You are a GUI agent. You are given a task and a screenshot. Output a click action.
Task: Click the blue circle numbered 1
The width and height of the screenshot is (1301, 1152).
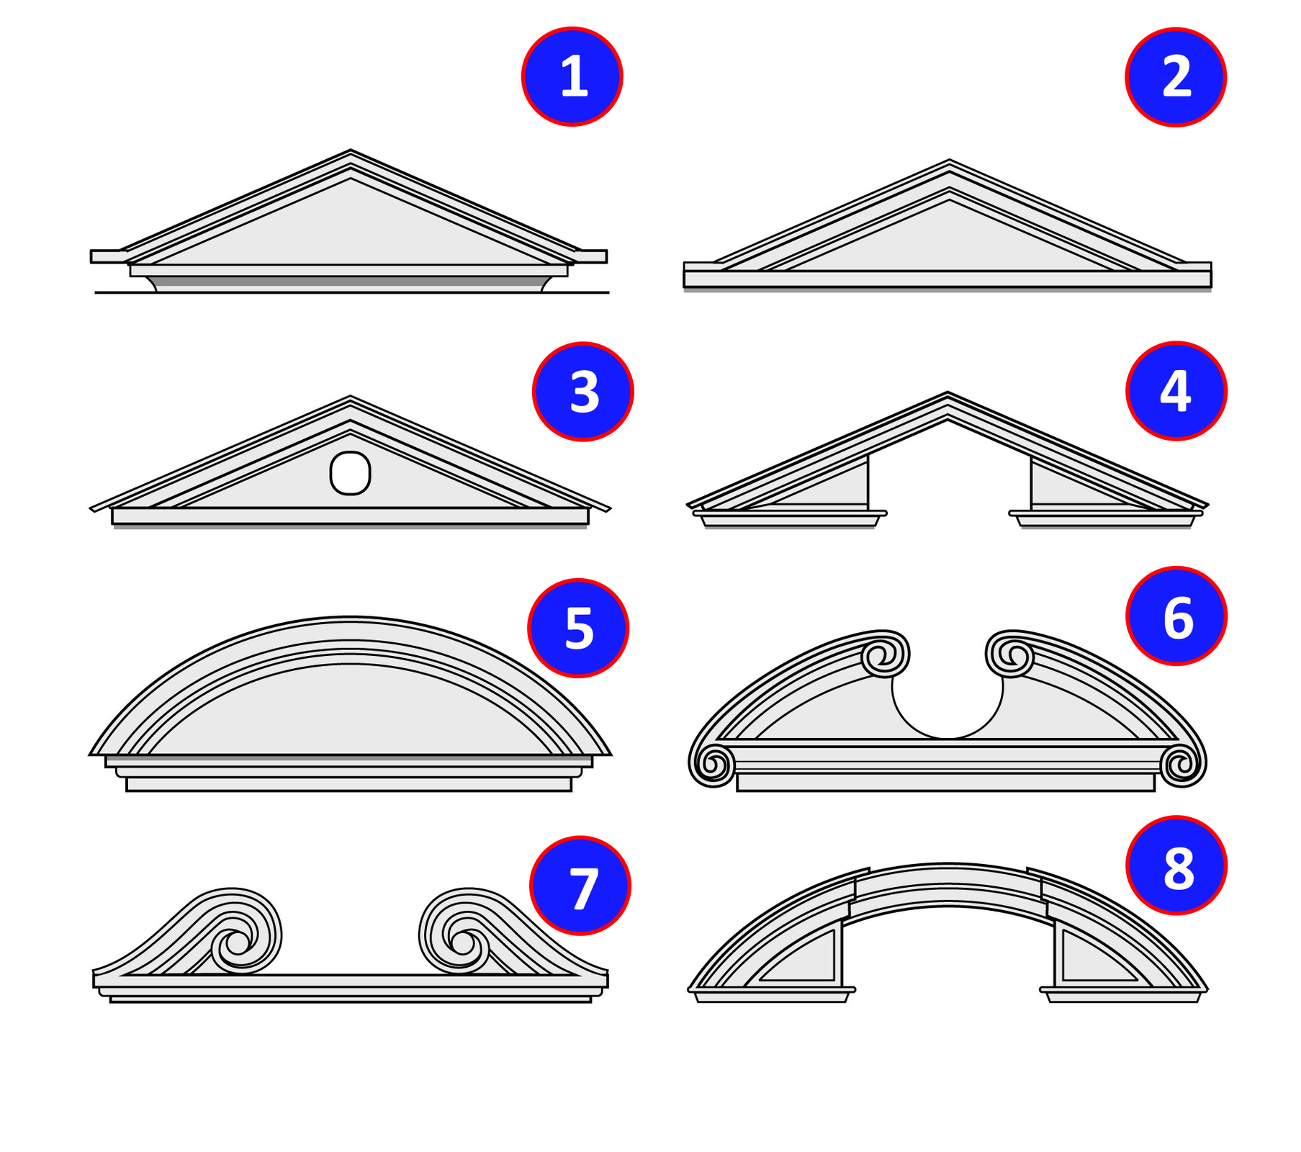click(x=572, y=76)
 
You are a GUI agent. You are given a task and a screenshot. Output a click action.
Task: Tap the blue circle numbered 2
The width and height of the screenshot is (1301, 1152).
click(x=1176, y=77)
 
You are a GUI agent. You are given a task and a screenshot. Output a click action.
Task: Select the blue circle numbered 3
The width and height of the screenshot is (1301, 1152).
click(x=583, y=392)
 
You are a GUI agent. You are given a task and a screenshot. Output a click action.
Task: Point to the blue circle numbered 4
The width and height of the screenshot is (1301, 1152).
click(x=1176, y=391)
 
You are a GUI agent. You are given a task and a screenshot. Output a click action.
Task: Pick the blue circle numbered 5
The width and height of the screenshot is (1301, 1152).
click(x=578, y=628)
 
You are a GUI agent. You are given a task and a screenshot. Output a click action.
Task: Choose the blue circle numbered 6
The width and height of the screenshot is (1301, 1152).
click(x=1176, y=616)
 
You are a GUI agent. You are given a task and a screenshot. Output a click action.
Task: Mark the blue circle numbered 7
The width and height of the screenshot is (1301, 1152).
click(x=580, y=886)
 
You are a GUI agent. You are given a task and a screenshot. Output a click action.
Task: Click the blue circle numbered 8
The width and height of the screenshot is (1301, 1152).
click(x=1176, y=865)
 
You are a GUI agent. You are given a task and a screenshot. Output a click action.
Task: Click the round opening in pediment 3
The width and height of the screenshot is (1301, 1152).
click(x=350, y=473)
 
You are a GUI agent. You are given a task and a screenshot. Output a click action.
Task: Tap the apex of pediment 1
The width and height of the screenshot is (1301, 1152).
click(x=351, y=150)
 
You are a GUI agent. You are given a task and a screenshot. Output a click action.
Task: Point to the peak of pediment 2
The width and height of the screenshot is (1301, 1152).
click(x=949, y=160)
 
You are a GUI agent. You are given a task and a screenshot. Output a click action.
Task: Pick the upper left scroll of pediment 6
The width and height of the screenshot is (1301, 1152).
click(x=884, y=654)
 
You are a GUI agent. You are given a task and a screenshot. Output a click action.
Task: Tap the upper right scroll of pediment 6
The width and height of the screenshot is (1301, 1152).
click(x=1010, y=654)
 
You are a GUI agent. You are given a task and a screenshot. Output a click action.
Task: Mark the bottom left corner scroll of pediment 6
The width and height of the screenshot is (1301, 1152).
click(x=712, y=765)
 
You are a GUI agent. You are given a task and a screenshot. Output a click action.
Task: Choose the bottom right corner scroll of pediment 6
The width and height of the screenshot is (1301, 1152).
click(x=1183, y=765)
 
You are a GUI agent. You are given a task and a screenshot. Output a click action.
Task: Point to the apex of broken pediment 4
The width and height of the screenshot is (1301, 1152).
click(x=947, y=392)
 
